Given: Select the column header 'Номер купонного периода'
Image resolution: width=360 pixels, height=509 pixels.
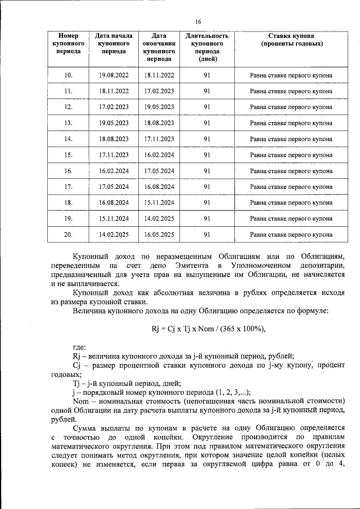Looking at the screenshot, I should click(x=68, y=43).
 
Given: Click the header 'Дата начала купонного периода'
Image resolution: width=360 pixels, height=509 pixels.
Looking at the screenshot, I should click(x=114, y=43).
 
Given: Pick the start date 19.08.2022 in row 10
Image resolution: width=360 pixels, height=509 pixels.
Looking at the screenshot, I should click(x=114, y=75).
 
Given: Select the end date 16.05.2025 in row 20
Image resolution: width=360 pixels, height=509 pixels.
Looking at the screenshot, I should click(x=159, y=235).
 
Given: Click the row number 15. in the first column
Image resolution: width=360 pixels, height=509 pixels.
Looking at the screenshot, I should click(x=68, y=155).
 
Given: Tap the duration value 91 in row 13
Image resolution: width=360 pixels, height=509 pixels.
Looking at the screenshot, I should click(x=207, y=123).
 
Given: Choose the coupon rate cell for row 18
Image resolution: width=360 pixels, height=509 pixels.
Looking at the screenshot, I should click(x=291, y=202).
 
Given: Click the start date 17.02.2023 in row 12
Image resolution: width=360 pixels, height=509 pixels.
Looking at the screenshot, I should click(x=114, y=107).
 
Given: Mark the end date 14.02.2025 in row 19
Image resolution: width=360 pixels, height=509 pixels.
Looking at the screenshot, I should click(x=159, y=218).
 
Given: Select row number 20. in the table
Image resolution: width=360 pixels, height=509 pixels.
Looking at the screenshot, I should click(x=68, y=235).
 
